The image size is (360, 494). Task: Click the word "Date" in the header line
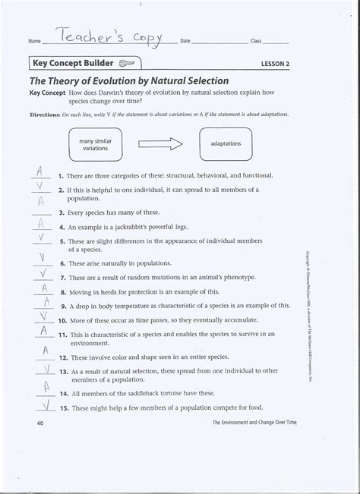pos(184,39)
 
